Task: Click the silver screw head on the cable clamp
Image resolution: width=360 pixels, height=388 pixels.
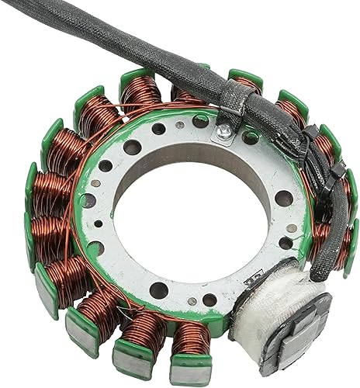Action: tap(223, 133)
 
